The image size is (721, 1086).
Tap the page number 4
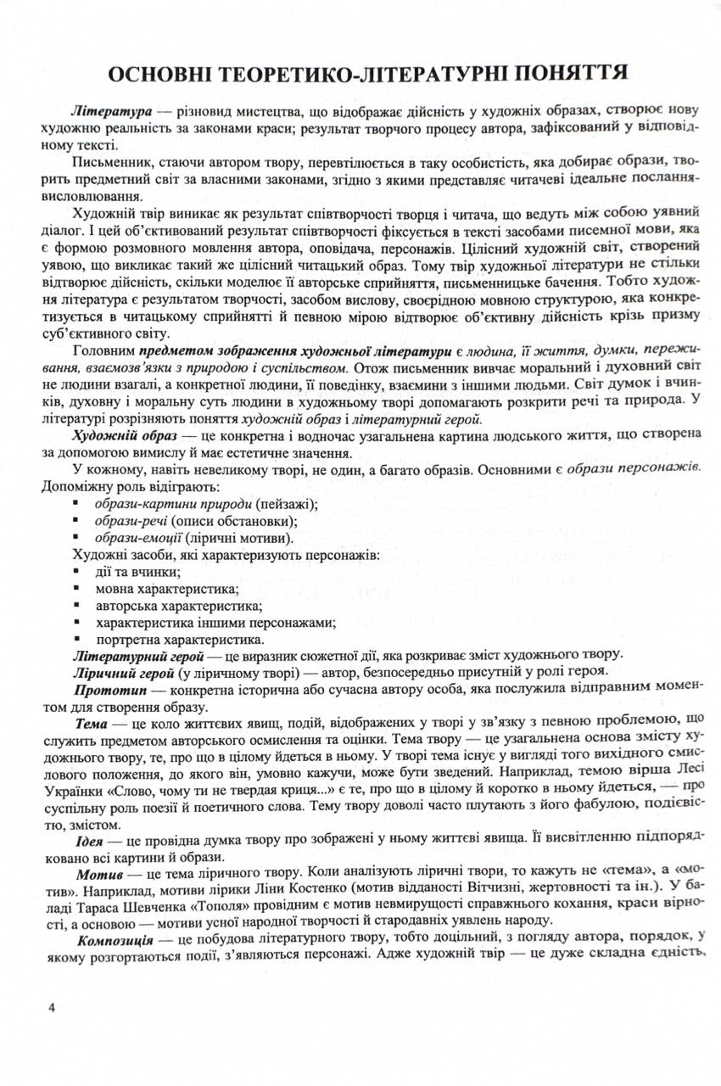pyautogui.click(x=52, y=1007)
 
